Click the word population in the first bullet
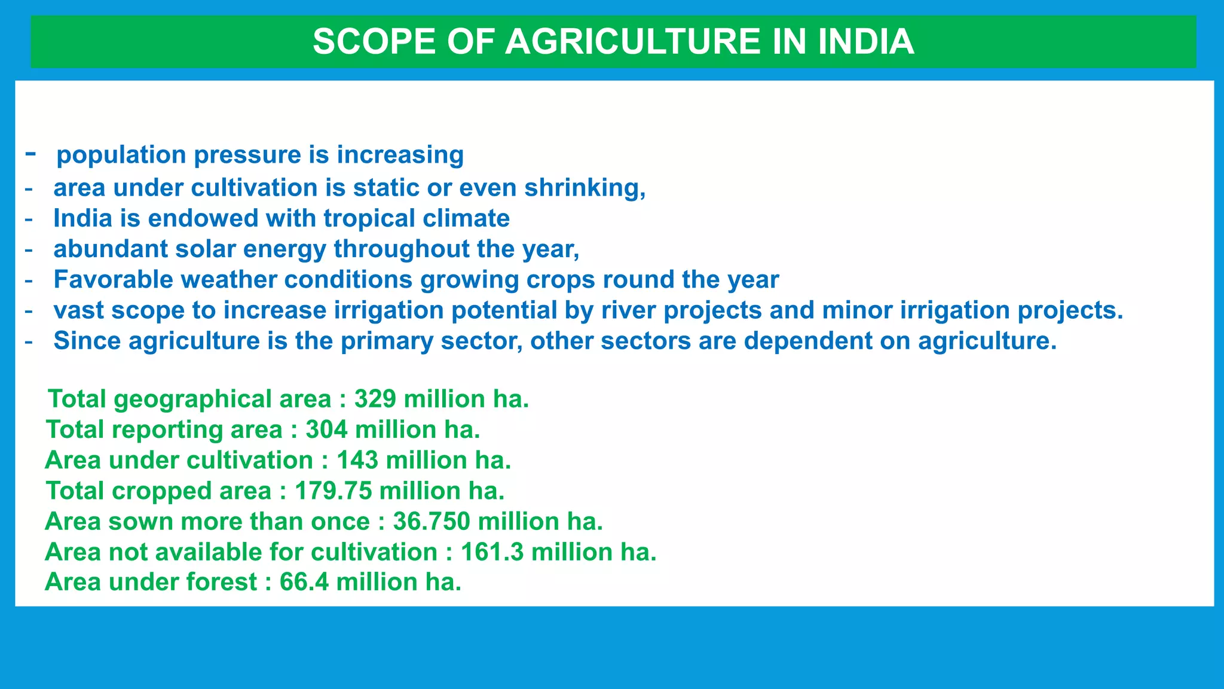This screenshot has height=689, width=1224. tap(121, 155)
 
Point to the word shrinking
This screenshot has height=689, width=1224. tap(585, 188)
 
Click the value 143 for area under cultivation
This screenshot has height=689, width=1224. tap(357, 460)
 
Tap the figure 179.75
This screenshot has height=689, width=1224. tap(333, 490)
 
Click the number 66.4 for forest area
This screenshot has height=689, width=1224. tap(304, 582)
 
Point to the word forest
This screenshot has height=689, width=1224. tap(222, 582)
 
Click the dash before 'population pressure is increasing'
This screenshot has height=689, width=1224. tap(30, 154)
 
